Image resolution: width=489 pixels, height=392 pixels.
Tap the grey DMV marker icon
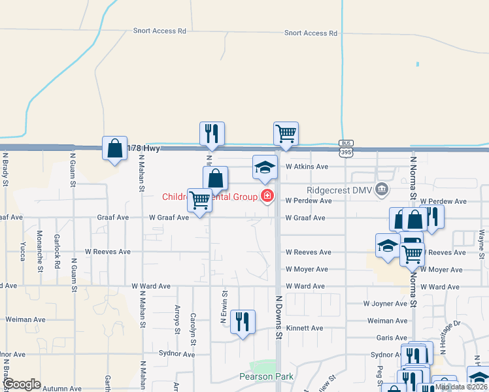[383, 189]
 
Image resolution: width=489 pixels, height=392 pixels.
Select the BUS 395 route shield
[346, 148]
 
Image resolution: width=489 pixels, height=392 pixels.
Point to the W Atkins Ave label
[307, 167]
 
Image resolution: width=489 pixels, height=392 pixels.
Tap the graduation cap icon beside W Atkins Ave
[265, 168]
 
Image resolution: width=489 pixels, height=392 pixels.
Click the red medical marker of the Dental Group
[267, 195]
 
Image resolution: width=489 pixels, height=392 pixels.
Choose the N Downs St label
[278, 324]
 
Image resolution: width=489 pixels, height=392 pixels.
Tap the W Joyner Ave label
[386, 304]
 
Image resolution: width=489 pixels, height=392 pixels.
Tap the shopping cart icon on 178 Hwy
[286, 134]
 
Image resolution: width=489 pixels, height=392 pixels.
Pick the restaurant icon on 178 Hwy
[212, 134]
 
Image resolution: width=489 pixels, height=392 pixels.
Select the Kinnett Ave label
[305, 328]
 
